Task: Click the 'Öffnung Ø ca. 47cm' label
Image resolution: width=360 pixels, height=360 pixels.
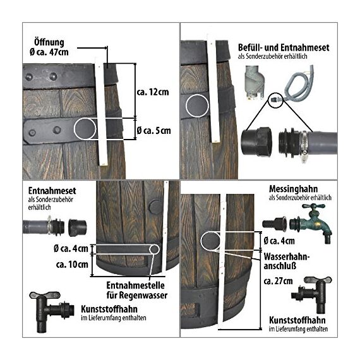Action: (49, 47)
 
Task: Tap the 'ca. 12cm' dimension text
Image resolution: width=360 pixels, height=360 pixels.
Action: (153, 92)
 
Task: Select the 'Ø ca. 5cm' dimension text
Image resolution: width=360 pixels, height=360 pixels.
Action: (153, 131)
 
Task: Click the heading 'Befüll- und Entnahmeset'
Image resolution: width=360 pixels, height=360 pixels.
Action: (284, 48)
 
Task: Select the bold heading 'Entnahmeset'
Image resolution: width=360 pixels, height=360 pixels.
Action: (52, 191)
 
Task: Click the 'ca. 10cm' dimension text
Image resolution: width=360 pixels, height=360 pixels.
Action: (72, 265)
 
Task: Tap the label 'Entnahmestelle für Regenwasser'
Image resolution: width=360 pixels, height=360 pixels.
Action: (137, 290)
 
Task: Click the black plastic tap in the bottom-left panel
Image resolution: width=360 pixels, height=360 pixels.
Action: (52, 311)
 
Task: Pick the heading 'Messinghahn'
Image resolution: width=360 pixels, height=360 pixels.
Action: (293, 189)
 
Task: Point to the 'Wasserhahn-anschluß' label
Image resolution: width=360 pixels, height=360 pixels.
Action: (287, 261)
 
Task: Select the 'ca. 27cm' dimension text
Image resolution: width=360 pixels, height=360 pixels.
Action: (278, 281)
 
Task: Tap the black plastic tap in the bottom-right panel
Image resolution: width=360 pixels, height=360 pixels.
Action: (311, 294)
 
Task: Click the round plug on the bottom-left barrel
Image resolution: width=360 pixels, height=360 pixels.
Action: (155, 207)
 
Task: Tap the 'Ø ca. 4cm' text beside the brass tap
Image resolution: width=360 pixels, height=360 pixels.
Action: (279, 241)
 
